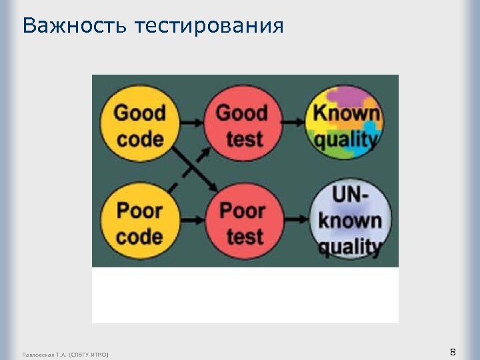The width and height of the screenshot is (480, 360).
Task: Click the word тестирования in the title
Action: coord(209,27)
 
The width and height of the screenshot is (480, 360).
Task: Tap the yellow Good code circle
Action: coord(139,125)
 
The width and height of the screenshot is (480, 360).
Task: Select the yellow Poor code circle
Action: coord(139,223)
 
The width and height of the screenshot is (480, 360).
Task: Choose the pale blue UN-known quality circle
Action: coord(349,222)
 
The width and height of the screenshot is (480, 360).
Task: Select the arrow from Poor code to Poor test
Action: coord(193,221)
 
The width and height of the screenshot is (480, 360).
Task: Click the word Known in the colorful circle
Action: coord(347,113)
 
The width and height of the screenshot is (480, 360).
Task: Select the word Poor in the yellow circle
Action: coord(139,211)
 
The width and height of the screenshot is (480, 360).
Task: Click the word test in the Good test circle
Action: coord(244,139)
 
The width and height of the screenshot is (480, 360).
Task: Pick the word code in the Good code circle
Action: coord(139,139)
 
